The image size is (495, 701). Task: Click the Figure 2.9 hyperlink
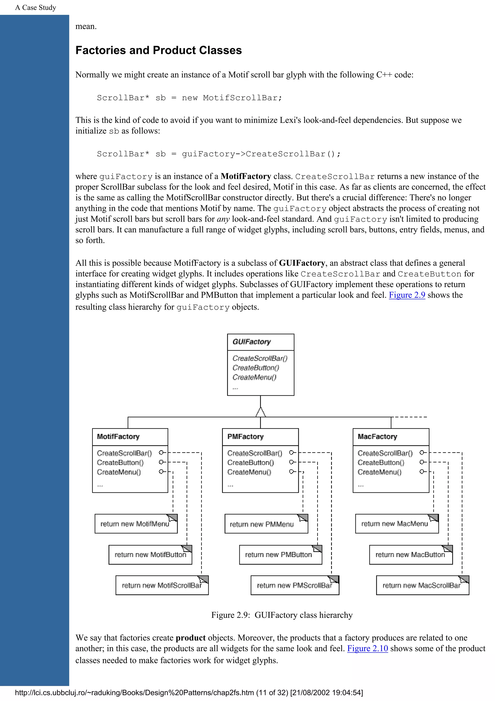407,295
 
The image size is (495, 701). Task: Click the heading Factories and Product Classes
158,50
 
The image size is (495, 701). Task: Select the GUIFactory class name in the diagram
252,342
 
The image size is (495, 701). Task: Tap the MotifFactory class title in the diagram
118,436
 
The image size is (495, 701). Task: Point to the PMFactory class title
245,436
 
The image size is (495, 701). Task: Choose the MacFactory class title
377,436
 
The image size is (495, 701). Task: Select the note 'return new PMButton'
278,554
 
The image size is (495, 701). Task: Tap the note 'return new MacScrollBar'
421,585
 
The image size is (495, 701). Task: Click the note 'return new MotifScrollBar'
161,585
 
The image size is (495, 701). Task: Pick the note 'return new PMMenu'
262,524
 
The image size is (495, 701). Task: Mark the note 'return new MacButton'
410,554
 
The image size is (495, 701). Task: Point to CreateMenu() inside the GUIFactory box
254,377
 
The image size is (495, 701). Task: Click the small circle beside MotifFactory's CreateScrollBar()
161,453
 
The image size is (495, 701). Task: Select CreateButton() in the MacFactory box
381,462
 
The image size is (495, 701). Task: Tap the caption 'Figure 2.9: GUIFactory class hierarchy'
282,615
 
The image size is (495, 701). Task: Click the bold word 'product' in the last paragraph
191,638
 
